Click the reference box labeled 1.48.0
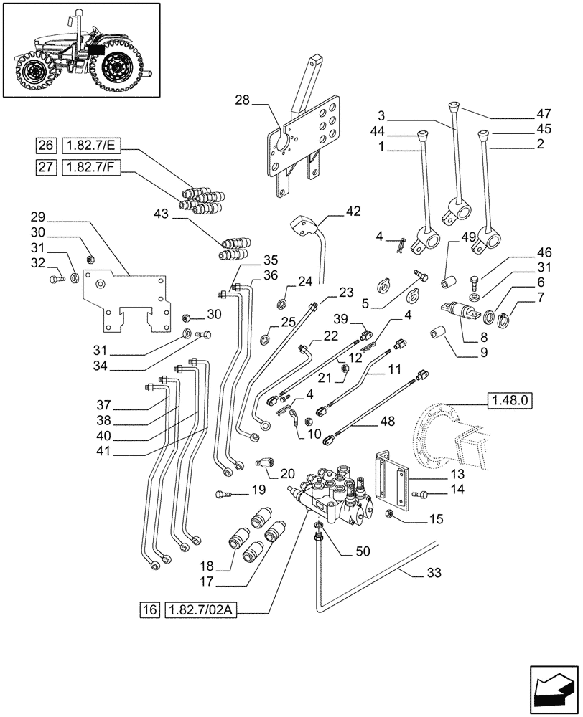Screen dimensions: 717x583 pos(509,400)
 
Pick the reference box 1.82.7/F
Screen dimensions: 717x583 pos(93,167)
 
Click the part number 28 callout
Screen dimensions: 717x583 pos(243,101)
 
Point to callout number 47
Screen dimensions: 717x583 pos(543,113)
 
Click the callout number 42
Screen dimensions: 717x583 pos(353,211)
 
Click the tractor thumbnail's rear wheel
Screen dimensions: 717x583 pos(115,68)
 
